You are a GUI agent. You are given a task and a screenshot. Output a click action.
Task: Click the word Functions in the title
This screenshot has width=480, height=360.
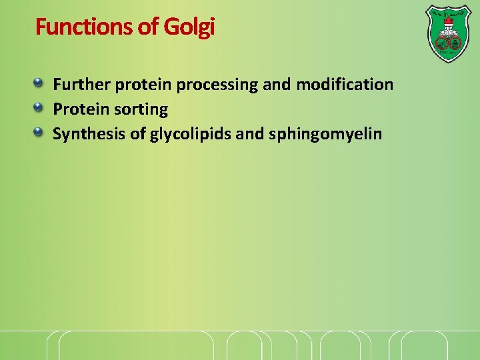(x=75, y=27)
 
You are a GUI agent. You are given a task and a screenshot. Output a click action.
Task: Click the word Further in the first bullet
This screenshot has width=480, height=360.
(x=81, y=85)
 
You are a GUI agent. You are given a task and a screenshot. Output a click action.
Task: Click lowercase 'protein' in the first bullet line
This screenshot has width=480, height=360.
(x=140, y=85)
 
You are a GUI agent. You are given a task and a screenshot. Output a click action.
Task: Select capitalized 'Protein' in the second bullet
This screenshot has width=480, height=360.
(x=77, y=109)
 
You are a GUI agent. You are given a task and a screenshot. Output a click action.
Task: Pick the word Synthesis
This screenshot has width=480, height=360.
(x=89, y=134)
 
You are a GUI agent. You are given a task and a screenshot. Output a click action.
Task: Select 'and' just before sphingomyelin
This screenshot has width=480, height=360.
(x=250, y=134)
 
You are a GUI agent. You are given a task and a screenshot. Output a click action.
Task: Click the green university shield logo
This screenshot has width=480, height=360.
(x=447, y=33)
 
